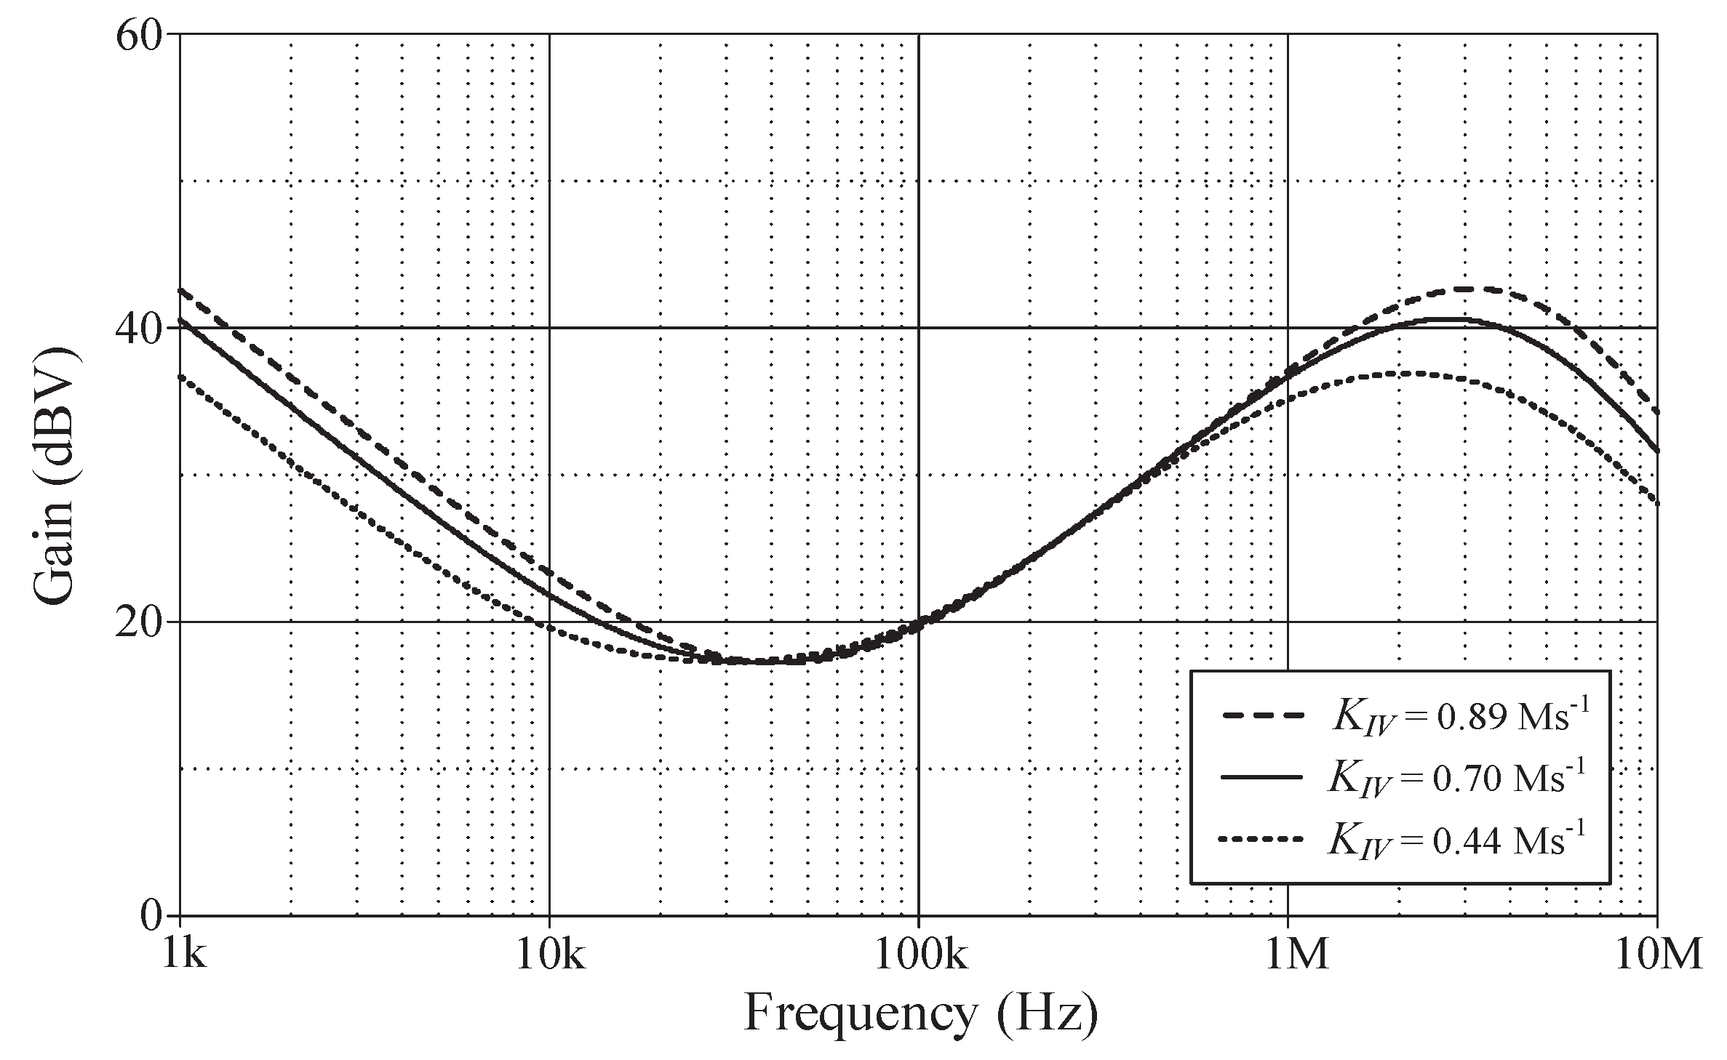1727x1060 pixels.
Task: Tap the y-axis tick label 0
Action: coord(151,916)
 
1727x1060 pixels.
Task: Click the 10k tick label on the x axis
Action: coord(549,955)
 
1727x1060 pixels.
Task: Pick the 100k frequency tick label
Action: coord(919,955)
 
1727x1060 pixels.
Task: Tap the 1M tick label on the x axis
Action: coord(1296,955)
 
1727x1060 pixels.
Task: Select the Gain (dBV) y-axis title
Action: coord(55,475)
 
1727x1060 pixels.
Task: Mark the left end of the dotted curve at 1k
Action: coord(180,376)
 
